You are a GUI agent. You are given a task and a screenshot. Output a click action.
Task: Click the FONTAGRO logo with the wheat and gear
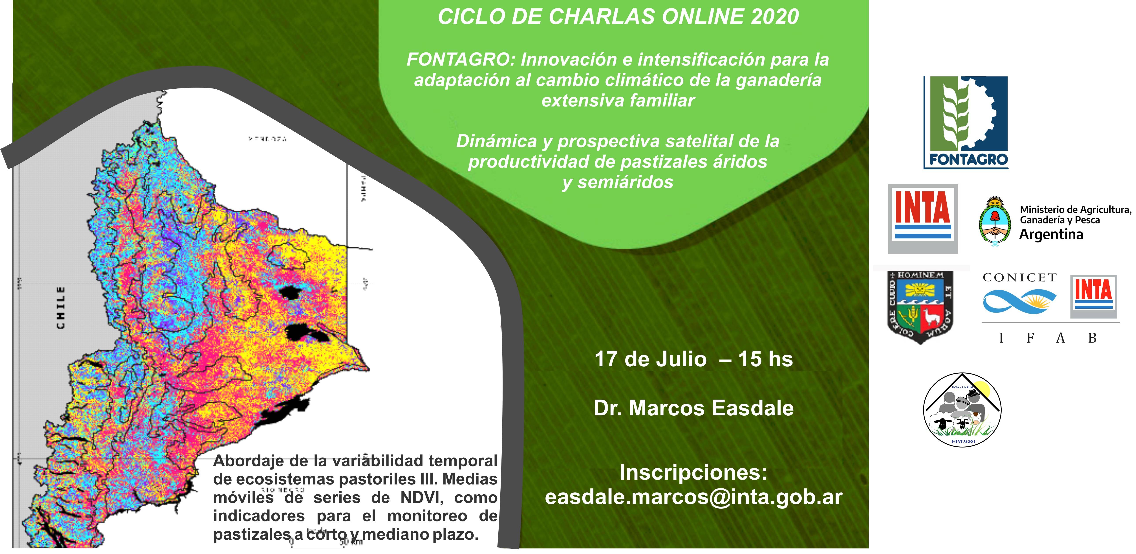click(966, 123)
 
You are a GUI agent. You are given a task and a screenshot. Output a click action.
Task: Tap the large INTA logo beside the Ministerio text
click(923, 219)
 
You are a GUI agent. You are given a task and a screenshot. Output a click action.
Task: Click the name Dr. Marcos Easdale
click(693, 408)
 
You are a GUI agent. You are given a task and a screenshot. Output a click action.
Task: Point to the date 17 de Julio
click(650, 359)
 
